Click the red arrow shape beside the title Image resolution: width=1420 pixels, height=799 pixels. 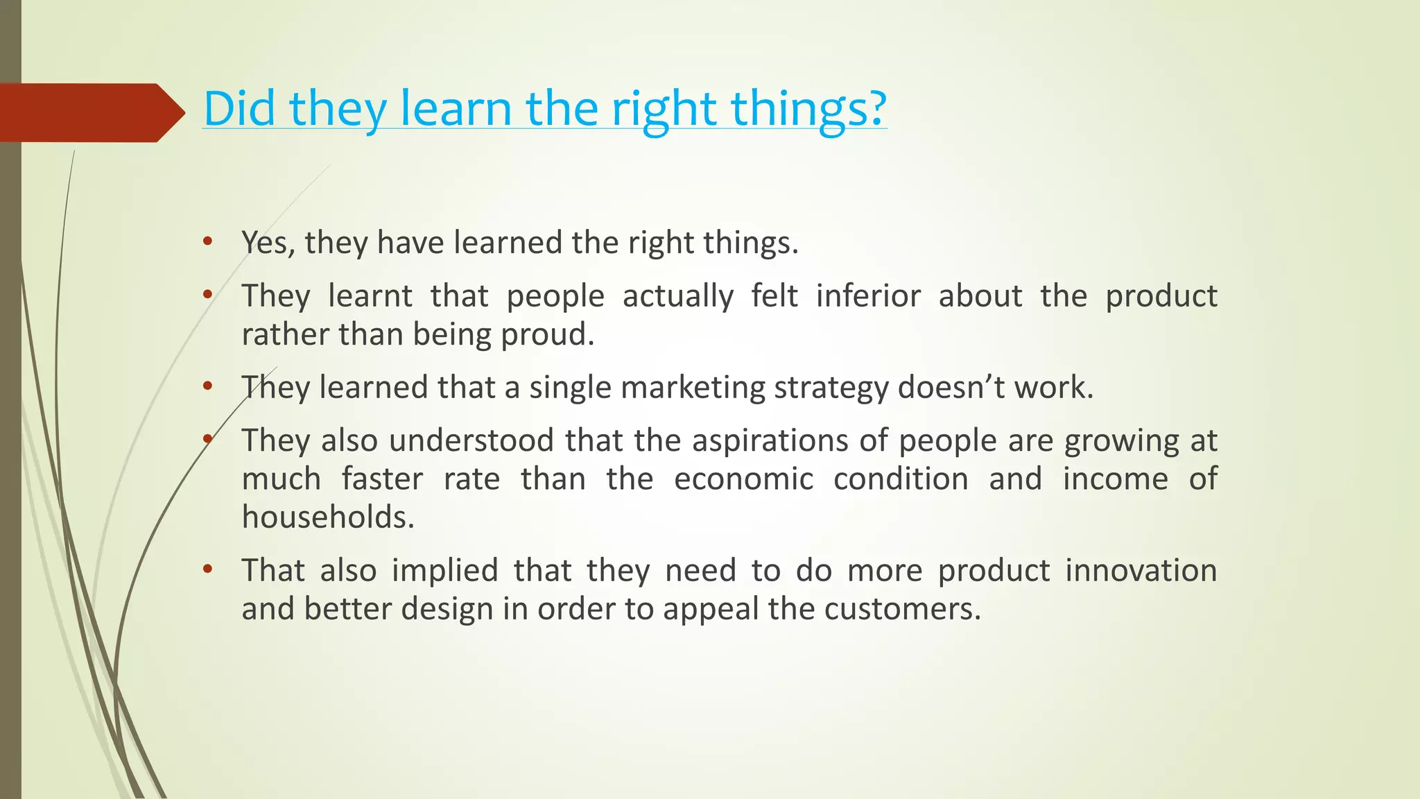point(90,112)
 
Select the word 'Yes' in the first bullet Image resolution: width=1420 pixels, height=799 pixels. point(263,243)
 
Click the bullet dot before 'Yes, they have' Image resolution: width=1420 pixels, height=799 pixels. point(207,241)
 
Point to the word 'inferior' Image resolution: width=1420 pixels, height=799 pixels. point(868,295)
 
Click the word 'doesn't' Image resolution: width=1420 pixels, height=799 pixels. point(951,387)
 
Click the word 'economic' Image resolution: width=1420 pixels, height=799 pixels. point(743,479)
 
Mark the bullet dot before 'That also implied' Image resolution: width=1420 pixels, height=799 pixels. point(207,569)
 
